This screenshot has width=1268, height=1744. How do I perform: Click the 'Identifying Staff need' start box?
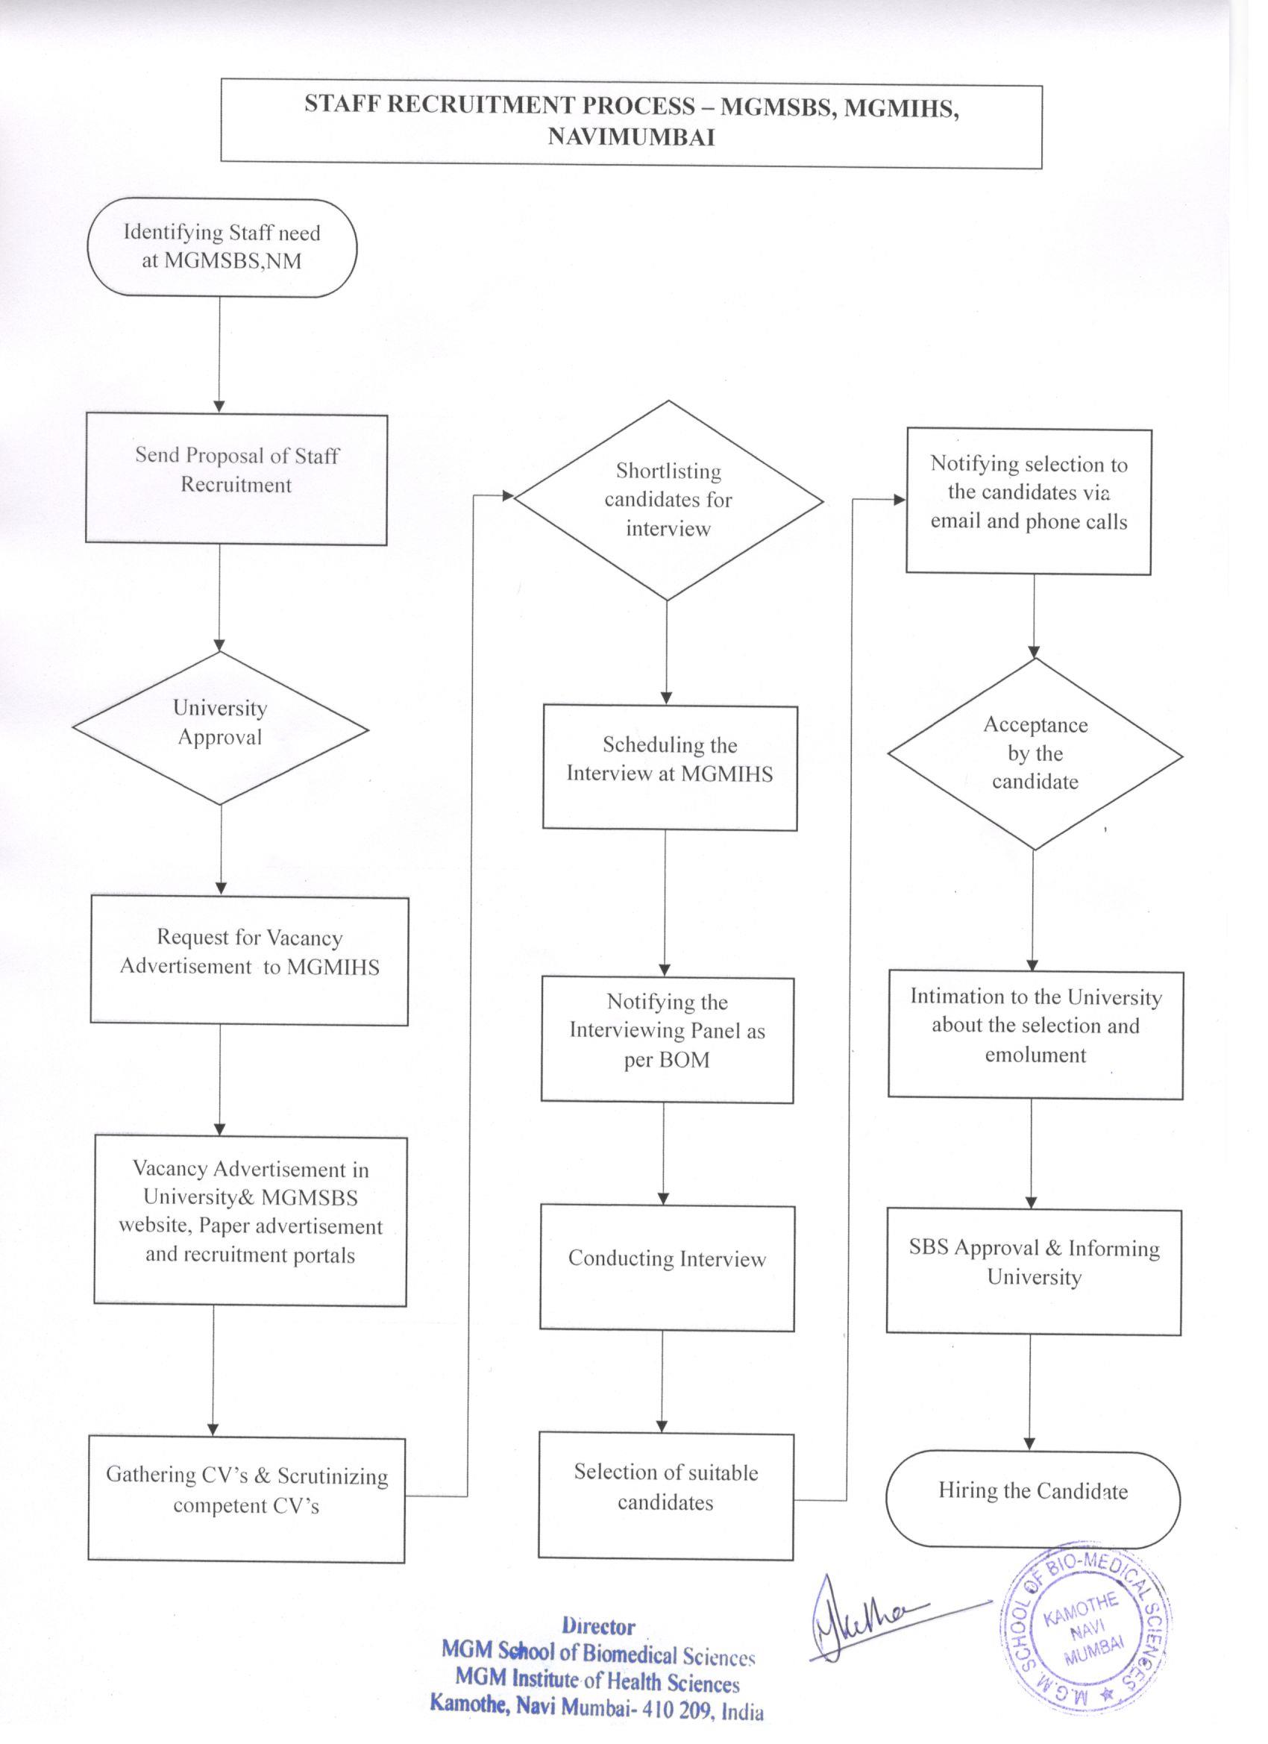(x=222, y=248)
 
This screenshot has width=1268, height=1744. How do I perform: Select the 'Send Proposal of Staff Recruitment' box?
(x=236, y=479)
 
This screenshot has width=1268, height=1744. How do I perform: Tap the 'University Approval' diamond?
(x=221, y=728)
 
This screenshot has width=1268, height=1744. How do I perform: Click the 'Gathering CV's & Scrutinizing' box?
(x=246, y=1498)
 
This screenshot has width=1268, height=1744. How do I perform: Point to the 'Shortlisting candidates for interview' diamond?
(x=668, y=500)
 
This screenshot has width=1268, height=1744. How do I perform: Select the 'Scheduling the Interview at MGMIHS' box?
(x=670, y=768)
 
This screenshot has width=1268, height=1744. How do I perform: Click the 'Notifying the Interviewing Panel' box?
(x=667, y=1040)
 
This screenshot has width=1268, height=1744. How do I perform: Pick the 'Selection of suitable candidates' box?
(x=665, y=1496)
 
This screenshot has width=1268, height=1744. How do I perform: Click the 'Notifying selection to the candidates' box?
(x=1029, y=501)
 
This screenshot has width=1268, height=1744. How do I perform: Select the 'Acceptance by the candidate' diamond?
(x=1035, y=753)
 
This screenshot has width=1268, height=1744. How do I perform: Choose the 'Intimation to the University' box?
(x=1035, y=1035)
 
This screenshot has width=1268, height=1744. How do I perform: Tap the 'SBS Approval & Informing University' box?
(x=1034, y=1271)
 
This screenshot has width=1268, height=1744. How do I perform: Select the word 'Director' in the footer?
(x=598, y=1626)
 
